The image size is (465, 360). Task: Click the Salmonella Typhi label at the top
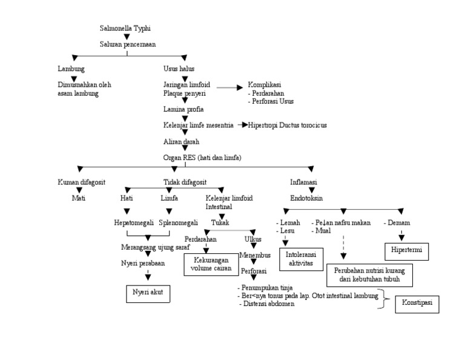[x=125, y=28]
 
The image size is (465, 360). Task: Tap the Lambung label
[x=71, y=68]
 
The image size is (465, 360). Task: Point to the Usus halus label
[x=179, y=68]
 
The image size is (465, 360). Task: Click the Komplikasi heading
[x=264, y=85]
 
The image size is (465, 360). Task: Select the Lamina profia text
[x=183, y=109]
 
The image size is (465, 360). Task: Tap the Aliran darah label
[x=182, y=141]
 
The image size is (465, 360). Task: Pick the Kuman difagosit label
[x=81, y=182]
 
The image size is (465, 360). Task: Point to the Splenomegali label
[x=179, y=222]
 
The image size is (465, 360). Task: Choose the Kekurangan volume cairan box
[x=208, y=264]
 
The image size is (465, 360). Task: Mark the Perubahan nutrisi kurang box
[x=369, y=275]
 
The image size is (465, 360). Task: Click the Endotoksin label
[x=306, y=198]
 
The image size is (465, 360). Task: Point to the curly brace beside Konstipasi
[x=381, y=299]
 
